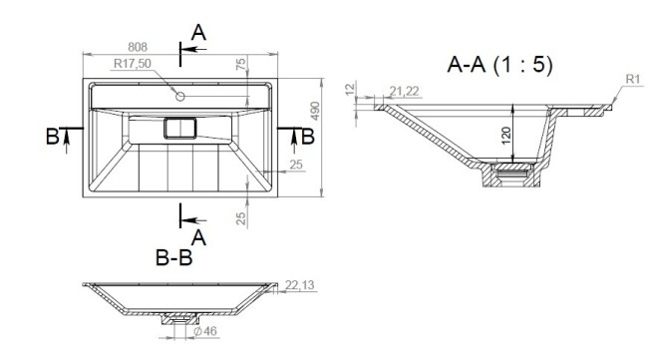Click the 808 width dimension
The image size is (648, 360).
(x=139, y=46)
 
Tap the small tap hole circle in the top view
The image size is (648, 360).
(x=180, y=96)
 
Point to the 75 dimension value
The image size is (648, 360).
(x=240, y=65)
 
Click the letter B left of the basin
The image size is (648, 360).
(x=51, y=137)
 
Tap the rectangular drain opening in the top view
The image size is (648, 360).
(x=180, y=129)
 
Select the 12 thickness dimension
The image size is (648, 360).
(x=349, y=91)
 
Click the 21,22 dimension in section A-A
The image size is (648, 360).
(x=405, y=92)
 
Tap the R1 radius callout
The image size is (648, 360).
(x=631, y=78)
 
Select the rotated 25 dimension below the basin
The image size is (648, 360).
(x=240, y=216)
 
